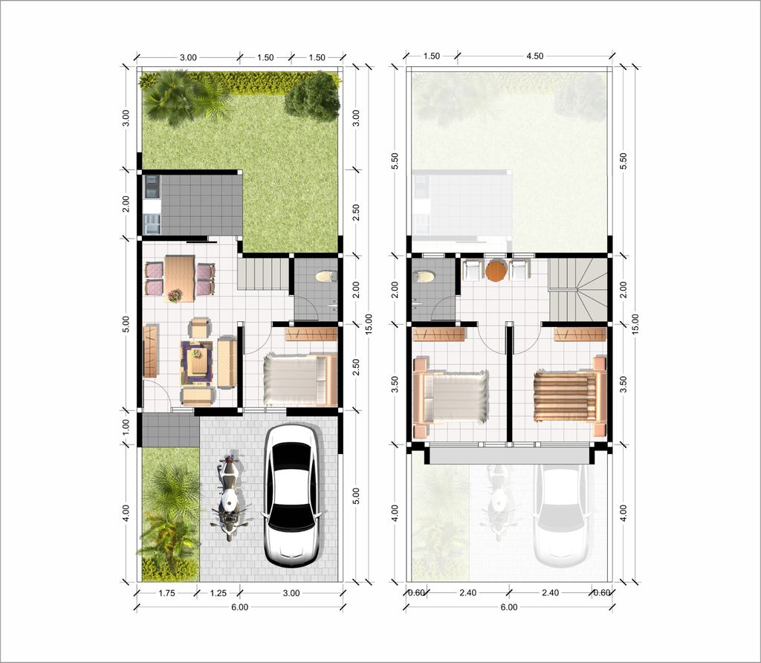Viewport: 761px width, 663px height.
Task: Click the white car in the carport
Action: point(291,495)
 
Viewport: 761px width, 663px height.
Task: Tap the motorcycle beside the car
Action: point(230,497)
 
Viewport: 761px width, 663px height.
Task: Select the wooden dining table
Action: point(180,279)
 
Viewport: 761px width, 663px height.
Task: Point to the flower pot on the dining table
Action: point(175,294)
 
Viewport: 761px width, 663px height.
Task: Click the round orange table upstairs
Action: point(496,271)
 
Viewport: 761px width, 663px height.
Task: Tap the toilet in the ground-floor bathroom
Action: point(326,276)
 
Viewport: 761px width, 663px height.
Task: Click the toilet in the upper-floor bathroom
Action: point(424,276)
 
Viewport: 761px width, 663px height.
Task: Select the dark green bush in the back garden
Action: point(313,97)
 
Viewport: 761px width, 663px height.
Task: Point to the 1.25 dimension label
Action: point(218,593)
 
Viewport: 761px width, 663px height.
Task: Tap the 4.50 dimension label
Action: point(535,56)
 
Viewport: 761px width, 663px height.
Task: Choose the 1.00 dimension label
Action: point(126,427)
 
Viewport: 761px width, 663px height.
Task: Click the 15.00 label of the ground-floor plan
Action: point(369,324)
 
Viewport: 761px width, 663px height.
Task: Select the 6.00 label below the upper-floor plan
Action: point(508,607)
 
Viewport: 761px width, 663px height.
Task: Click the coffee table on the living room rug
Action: point(196,362)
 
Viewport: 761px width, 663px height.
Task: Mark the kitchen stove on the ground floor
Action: point(152,187)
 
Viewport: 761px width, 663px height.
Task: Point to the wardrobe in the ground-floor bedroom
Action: point(311,334)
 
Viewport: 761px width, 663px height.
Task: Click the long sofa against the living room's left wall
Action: point(151,351)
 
